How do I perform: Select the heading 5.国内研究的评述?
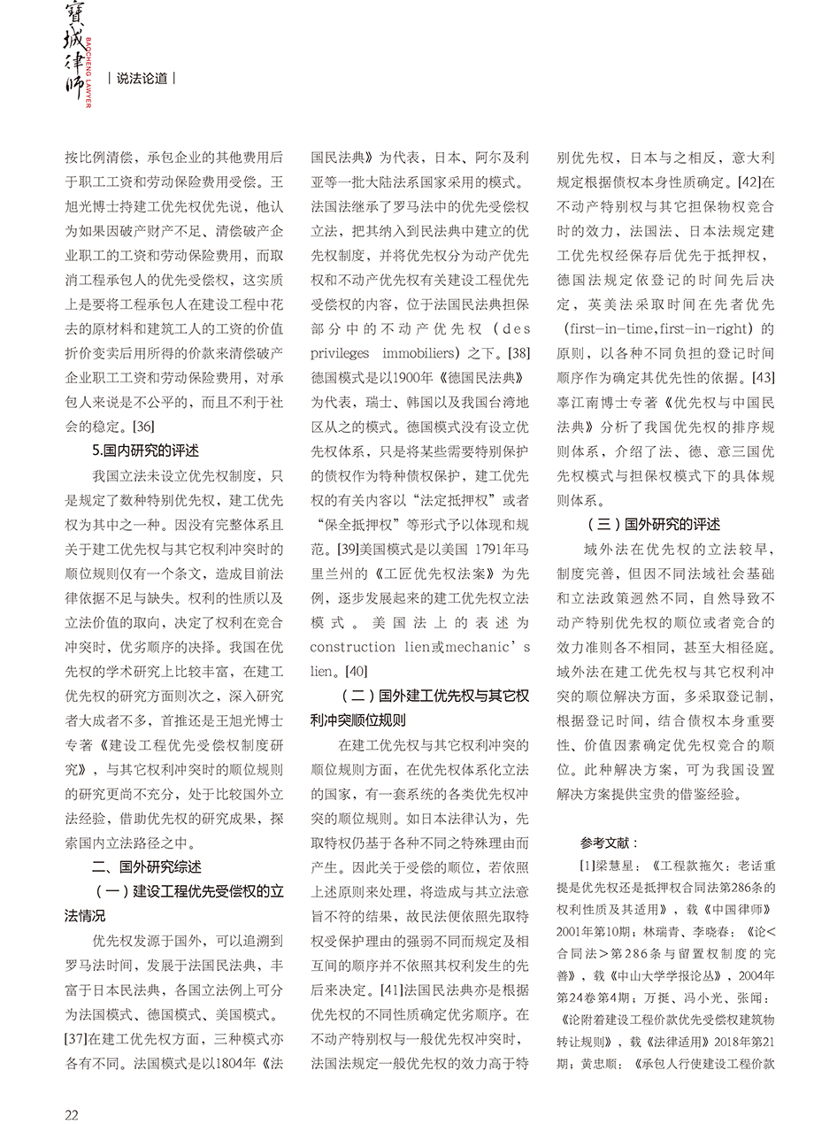(146, 450)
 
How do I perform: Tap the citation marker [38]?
(516, 353)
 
